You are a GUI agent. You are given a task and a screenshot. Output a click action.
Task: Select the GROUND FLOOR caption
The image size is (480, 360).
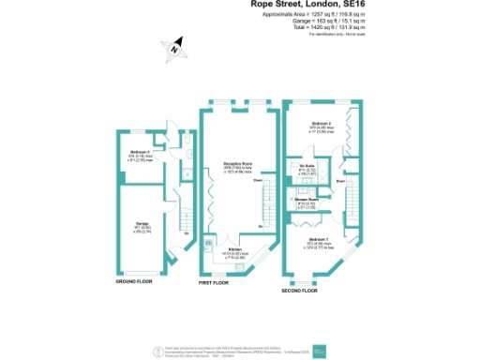tap(133, 281)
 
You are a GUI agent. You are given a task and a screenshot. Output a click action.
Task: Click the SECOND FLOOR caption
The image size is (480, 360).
tap(299, 292)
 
